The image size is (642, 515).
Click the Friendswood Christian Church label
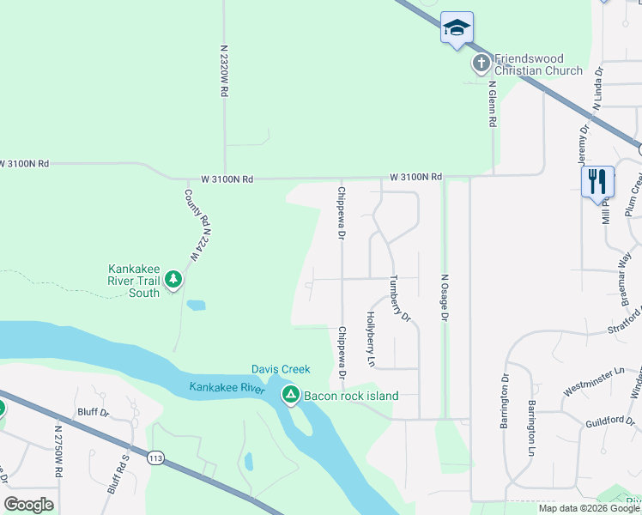538,64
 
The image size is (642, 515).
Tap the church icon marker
481,64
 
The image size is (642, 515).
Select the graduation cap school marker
457,28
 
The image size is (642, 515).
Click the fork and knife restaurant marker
597,182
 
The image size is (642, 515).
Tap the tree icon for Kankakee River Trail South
173,279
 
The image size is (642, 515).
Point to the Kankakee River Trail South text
133,280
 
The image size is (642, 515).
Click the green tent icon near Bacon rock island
291,395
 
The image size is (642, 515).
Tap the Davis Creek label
280,369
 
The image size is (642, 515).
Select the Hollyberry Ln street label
372,339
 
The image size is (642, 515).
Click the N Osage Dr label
445,297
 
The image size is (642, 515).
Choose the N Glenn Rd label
493,105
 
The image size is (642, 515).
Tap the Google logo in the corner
28,505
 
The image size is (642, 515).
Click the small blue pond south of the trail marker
196,305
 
